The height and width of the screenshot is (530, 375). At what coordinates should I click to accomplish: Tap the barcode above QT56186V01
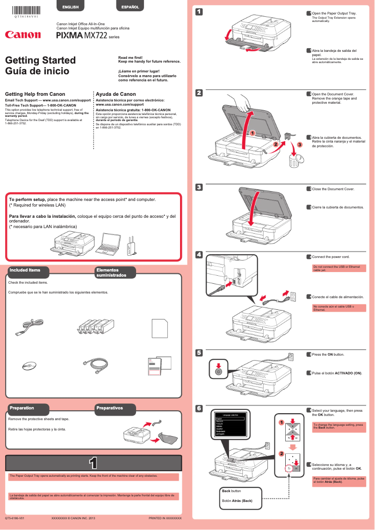(x=26, y=9)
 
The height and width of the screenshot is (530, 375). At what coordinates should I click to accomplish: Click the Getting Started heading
(x=40, y=60)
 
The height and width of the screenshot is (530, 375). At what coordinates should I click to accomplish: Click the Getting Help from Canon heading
(x=35, y=94)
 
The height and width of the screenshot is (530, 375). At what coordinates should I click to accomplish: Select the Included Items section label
(x=25, y=270)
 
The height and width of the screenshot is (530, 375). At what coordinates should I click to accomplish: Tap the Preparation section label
(x=22, y=408)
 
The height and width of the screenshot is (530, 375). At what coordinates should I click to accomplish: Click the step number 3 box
(x=199, y=188)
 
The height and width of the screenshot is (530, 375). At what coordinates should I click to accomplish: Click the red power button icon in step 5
(x=218, y=371)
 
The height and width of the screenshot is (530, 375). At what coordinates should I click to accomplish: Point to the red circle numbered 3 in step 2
(x=300, y=145)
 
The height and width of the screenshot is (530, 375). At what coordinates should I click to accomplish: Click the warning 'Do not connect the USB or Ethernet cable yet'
(x=339, y=268)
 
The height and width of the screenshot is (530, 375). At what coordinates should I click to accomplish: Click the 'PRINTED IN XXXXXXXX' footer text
(x=165, y=518)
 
